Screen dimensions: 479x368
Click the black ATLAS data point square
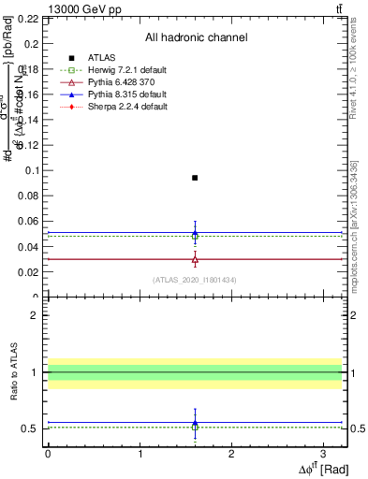[195, 178]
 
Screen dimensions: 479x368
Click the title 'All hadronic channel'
[196, 37]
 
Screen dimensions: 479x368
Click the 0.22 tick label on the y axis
[29, 19]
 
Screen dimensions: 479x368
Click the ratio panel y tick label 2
[35, 316]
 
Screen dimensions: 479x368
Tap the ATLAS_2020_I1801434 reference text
[194, 280]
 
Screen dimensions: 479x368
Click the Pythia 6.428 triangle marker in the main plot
[195, 258]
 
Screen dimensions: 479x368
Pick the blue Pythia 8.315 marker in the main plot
[195, 233]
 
